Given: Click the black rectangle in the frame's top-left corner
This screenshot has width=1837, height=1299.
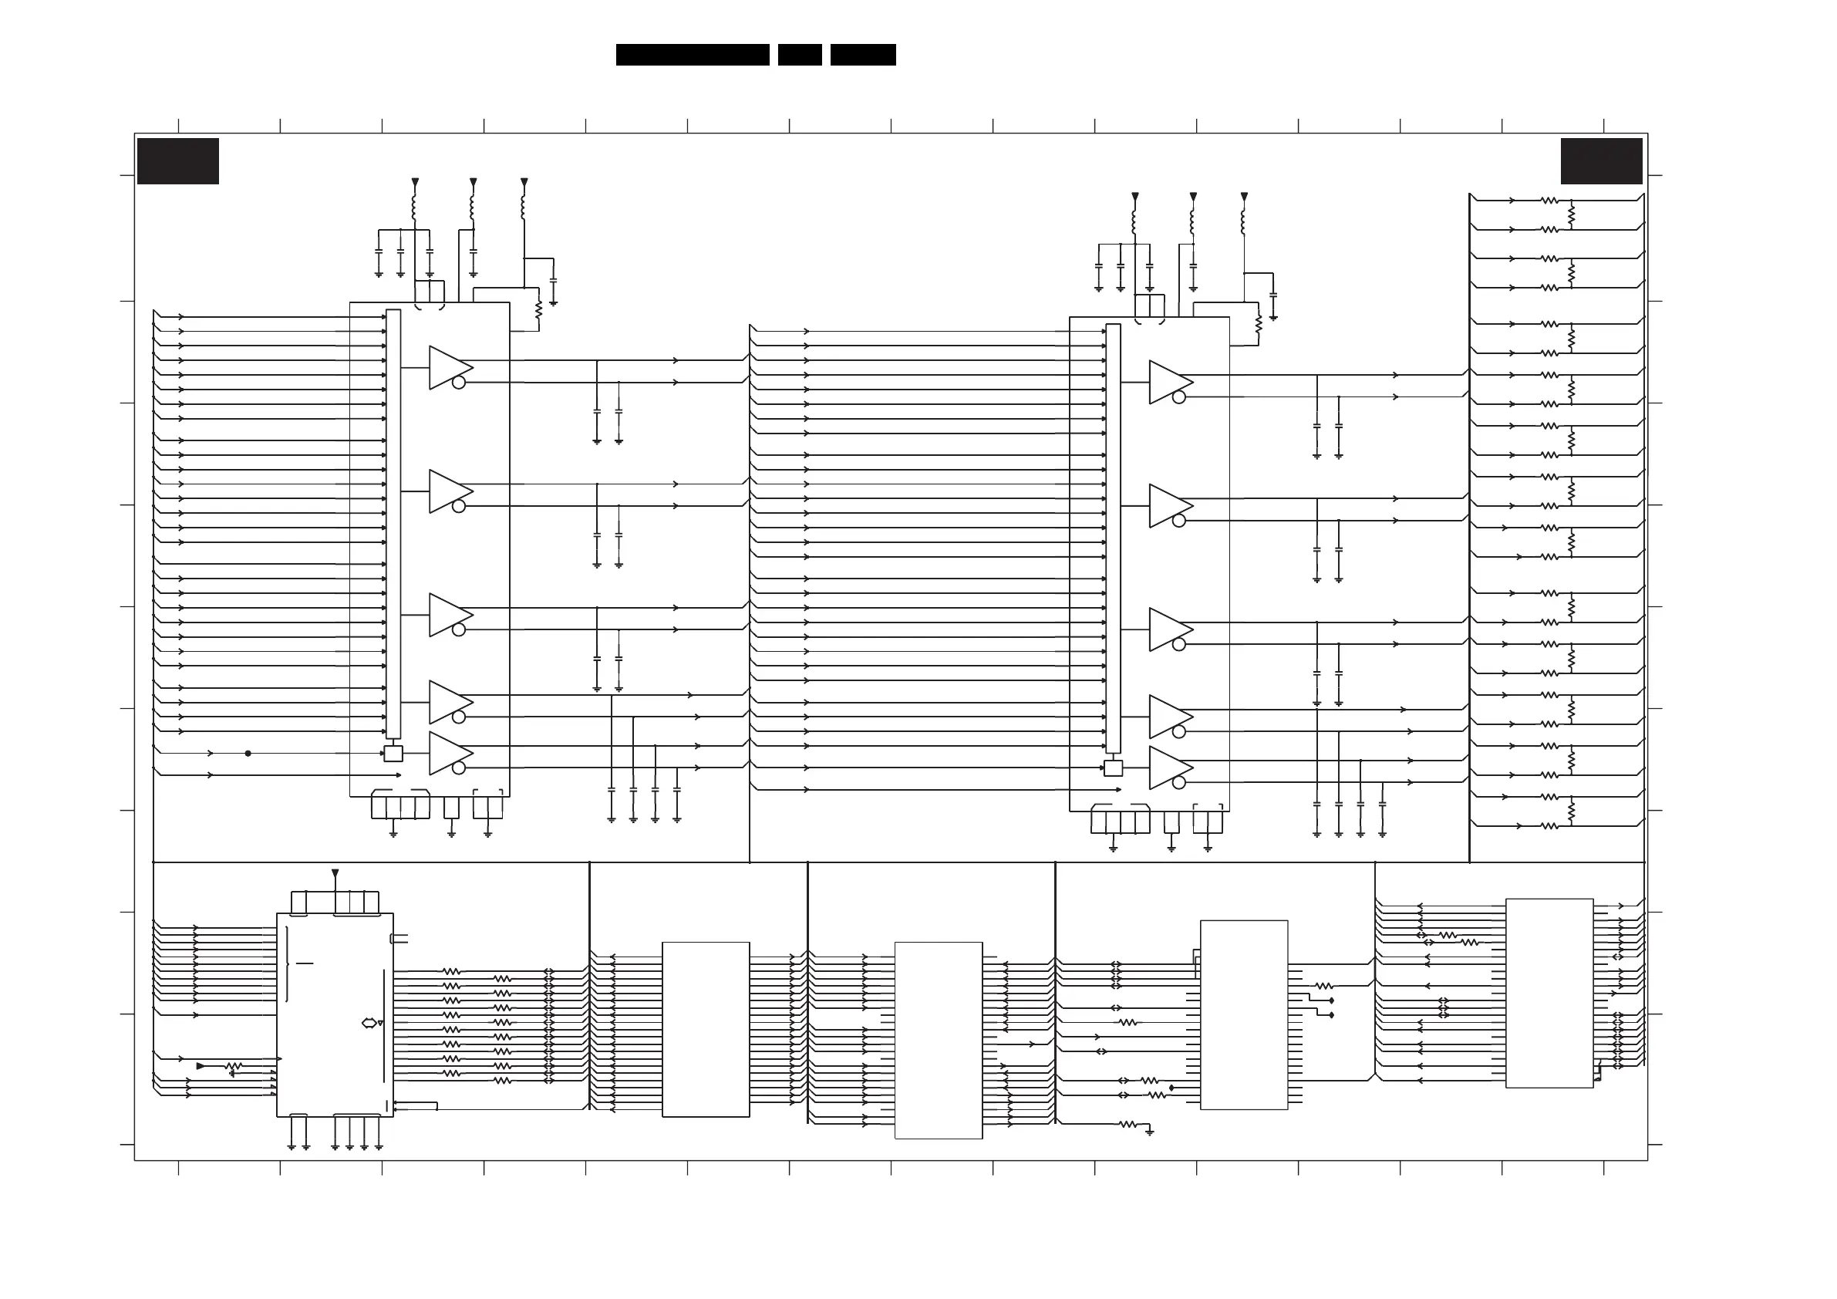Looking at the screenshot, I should pos(177,161).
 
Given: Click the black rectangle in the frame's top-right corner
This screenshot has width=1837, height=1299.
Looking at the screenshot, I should pos(1601,161).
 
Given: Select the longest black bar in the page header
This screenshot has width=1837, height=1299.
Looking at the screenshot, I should pos(692,55).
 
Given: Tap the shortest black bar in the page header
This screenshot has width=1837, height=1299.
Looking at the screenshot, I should pos(799,55).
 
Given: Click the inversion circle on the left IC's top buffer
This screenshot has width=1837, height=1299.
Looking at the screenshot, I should pos(458,383).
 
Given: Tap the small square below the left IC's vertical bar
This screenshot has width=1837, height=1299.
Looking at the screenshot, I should pos(393,753).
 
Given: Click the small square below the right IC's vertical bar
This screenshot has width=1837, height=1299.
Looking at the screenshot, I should pos(1113,768).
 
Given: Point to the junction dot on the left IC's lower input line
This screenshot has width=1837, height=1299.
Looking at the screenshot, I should pos(248,753).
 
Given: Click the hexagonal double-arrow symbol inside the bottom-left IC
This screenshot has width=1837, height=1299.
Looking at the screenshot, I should pos(369,1023).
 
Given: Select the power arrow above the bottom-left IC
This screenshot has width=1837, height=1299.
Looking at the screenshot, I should pos(335,873).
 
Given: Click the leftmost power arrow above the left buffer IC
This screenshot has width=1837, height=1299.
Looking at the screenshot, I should pos(414,183).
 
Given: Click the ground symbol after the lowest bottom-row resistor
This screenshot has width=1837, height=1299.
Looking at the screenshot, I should pos(1150,1132).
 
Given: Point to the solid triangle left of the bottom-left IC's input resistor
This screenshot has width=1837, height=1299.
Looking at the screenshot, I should pos(201,1066).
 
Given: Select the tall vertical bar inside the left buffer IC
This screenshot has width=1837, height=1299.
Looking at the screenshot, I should pos(393,525).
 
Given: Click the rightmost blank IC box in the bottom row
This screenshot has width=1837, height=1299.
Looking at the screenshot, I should pos(1549,994).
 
